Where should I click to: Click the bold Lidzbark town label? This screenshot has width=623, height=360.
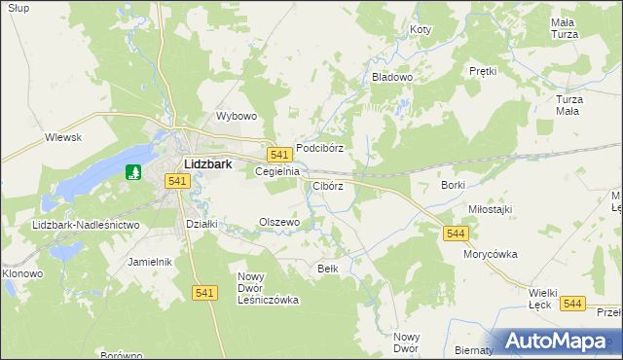(x=207, y=164)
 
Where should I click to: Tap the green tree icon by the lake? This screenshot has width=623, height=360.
(x=134, y=172)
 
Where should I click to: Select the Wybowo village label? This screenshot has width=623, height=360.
(x=236, y=116)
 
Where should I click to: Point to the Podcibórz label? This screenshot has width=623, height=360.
(x=320, y=148)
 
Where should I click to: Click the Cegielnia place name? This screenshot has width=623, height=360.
(x=275, y=171)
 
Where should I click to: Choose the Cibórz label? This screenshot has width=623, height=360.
(x=328, y=185)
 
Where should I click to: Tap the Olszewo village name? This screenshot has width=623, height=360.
(x=279, y=222)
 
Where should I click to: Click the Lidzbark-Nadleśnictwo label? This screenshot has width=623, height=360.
(x=86, y=225)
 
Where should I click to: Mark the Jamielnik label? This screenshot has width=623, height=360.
(x=150, y=262)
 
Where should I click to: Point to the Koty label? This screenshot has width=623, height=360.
(x=421, y=30)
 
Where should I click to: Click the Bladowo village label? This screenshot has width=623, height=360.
(x=393, y=76)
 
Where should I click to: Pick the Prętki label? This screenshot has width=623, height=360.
(x=483, y=71)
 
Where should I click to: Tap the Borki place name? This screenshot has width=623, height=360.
(x=454, y=185)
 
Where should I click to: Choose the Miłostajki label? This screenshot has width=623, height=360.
(x=490, y=209)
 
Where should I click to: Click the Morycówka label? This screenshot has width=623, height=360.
(x=490, y=254)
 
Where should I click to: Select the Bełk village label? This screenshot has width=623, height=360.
(x=327, y=268)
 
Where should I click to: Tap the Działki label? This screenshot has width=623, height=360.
(x=201, y=223)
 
